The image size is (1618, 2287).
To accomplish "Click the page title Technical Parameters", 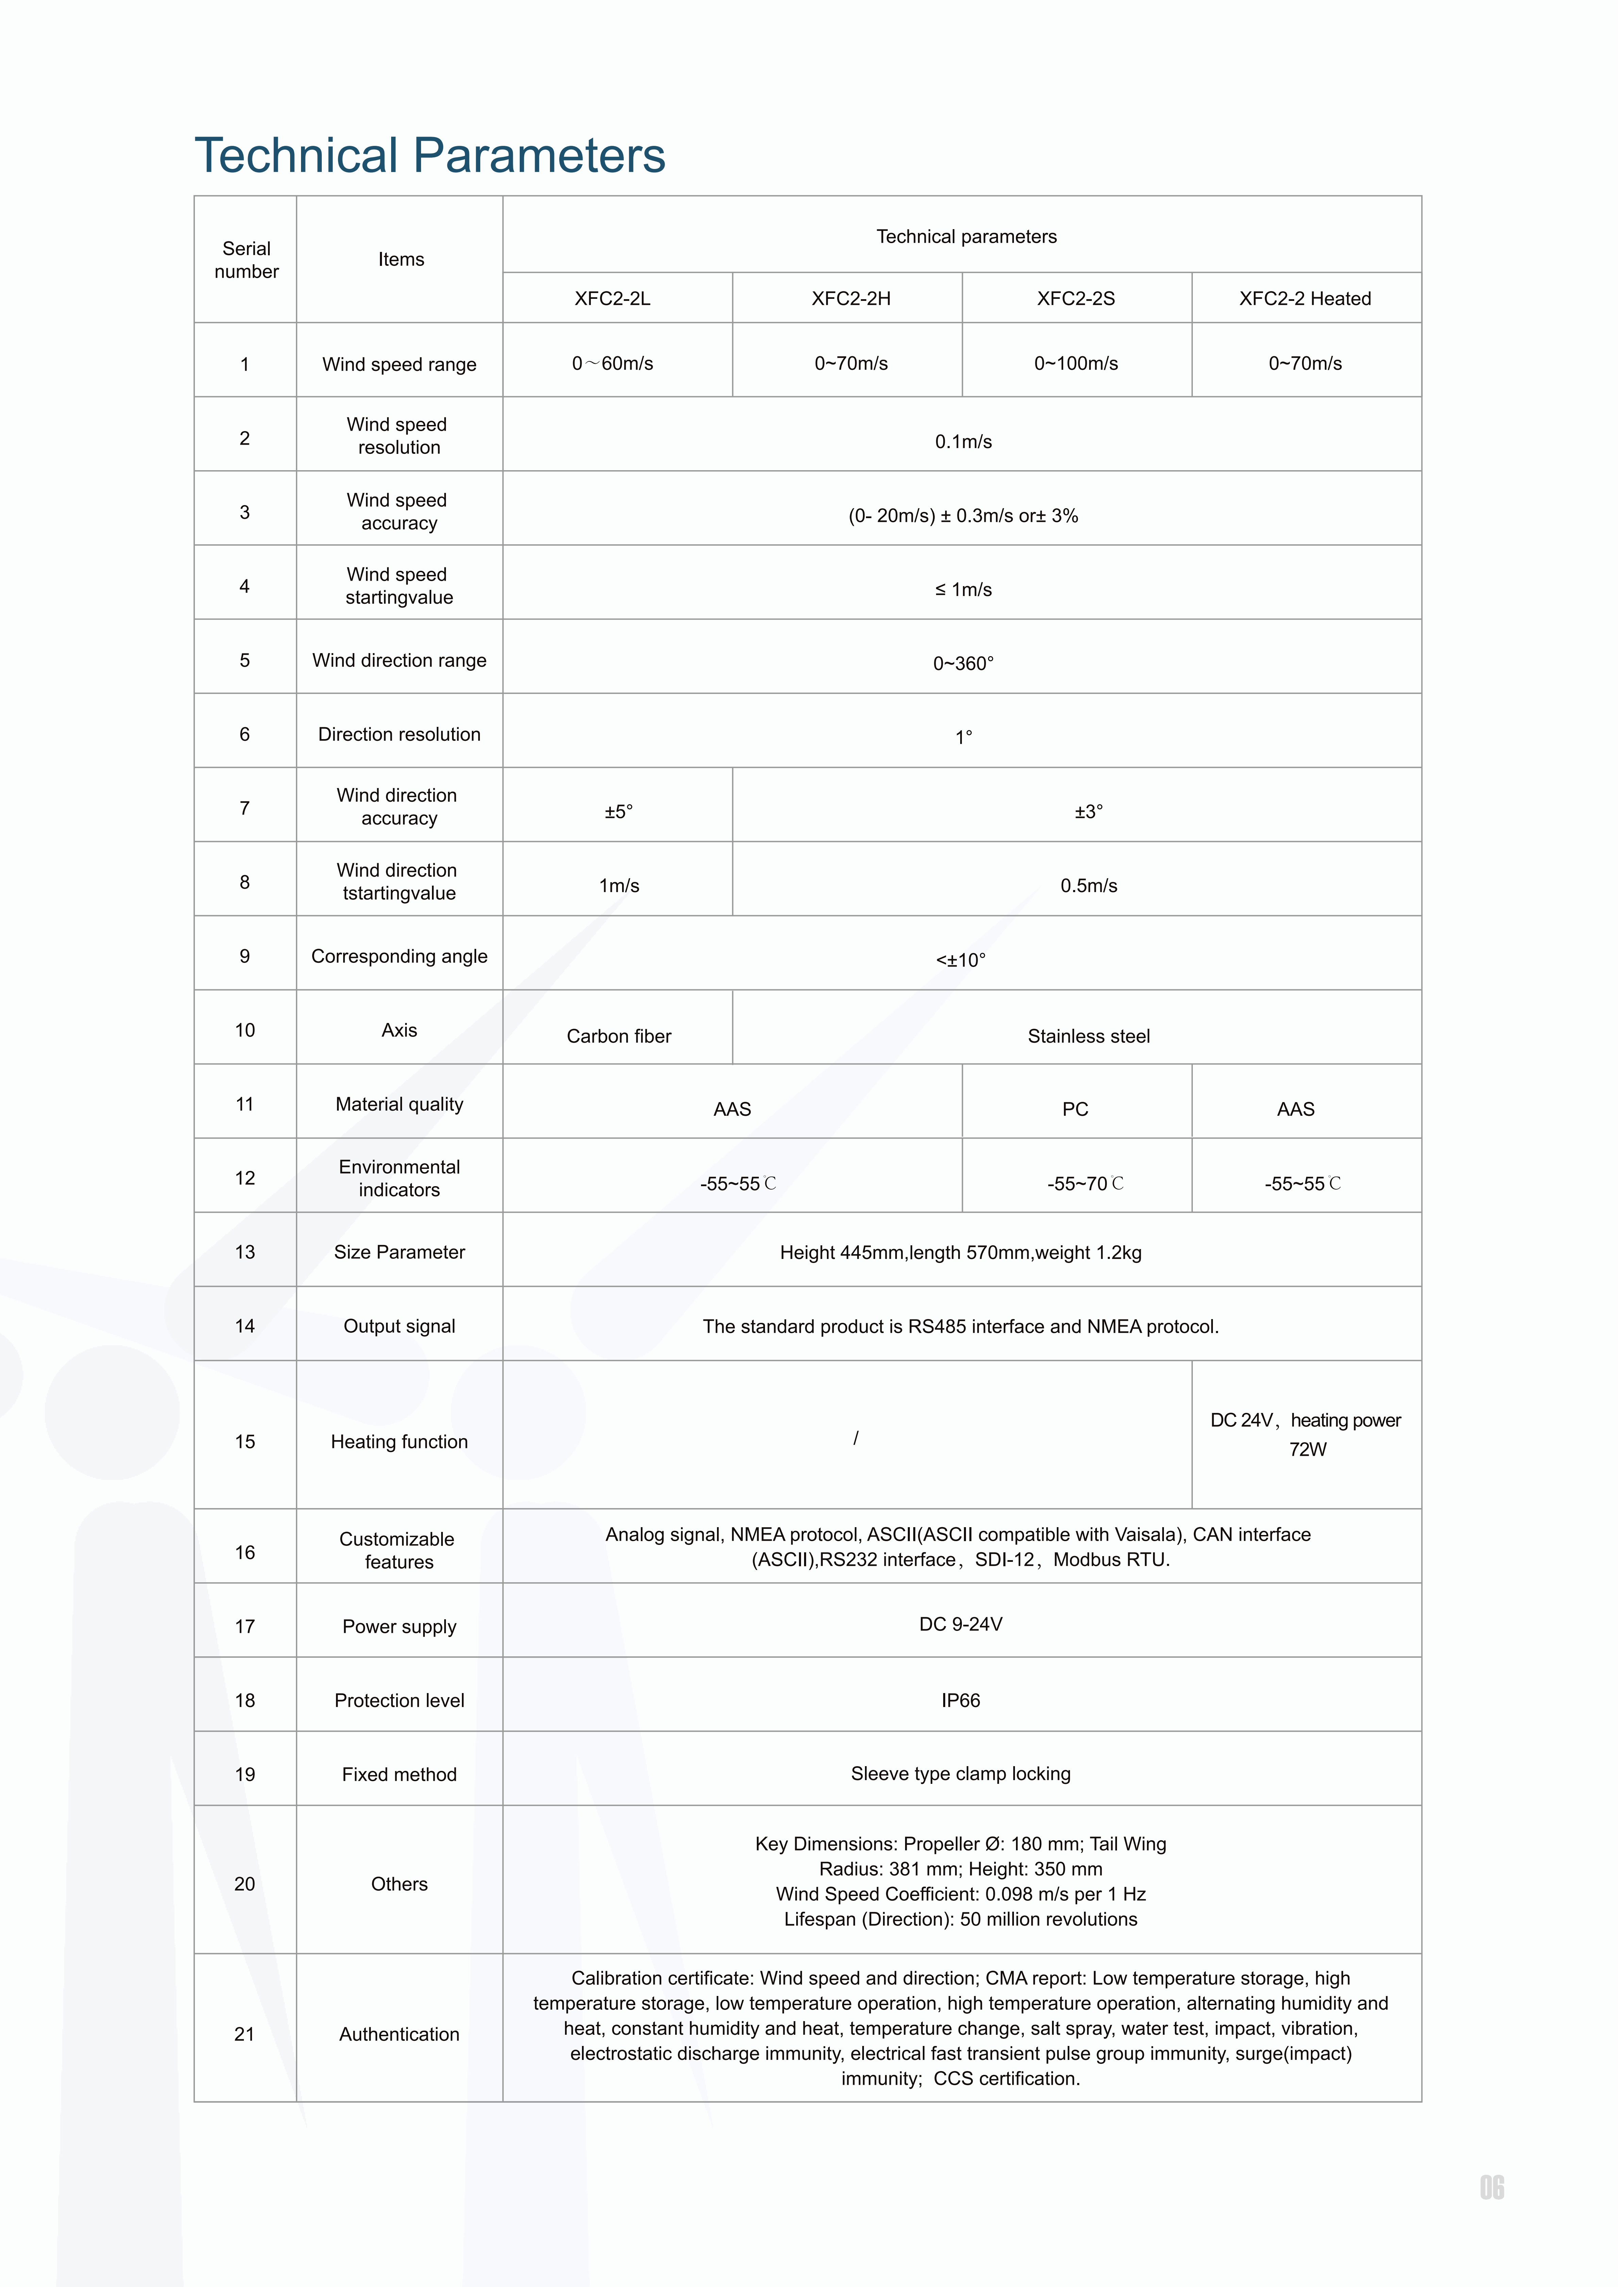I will pos(429,156).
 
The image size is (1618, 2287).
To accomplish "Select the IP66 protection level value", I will pos(961,1700).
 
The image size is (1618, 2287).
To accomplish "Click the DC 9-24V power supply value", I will pos(961,1624).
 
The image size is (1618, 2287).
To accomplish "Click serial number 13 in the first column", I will pos(245,1252).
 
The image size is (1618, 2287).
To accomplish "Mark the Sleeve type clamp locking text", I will pos(961,1773).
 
